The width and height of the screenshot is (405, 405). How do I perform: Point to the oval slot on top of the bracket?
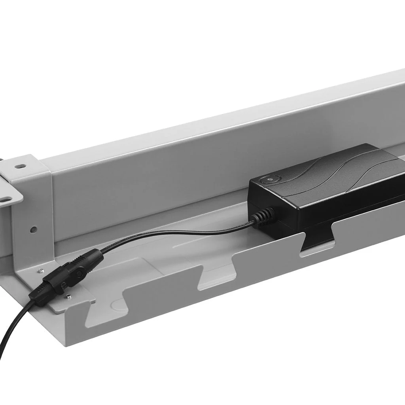click(x=20, y=167)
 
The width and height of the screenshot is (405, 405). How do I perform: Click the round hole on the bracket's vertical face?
click(x=34, y=229)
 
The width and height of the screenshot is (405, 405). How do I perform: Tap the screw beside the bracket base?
click(x=40, y=271)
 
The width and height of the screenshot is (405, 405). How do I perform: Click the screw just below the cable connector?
click(x=68, y=297)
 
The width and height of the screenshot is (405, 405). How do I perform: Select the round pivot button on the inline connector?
click(x=79, y=273)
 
